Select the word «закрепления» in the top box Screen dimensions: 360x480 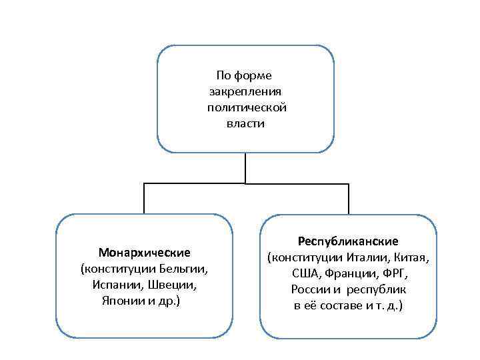[246, 91]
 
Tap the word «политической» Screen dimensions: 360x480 [246, 107]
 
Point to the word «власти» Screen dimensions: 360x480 [246, 123]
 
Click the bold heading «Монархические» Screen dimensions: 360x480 [145, 253]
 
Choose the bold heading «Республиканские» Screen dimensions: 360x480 [348, 241]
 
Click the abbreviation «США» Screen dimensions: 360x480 [306, 273]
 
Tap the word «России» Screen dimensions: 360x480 [309, 290]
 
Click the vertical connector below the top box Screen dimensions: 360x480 [246, 167]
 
